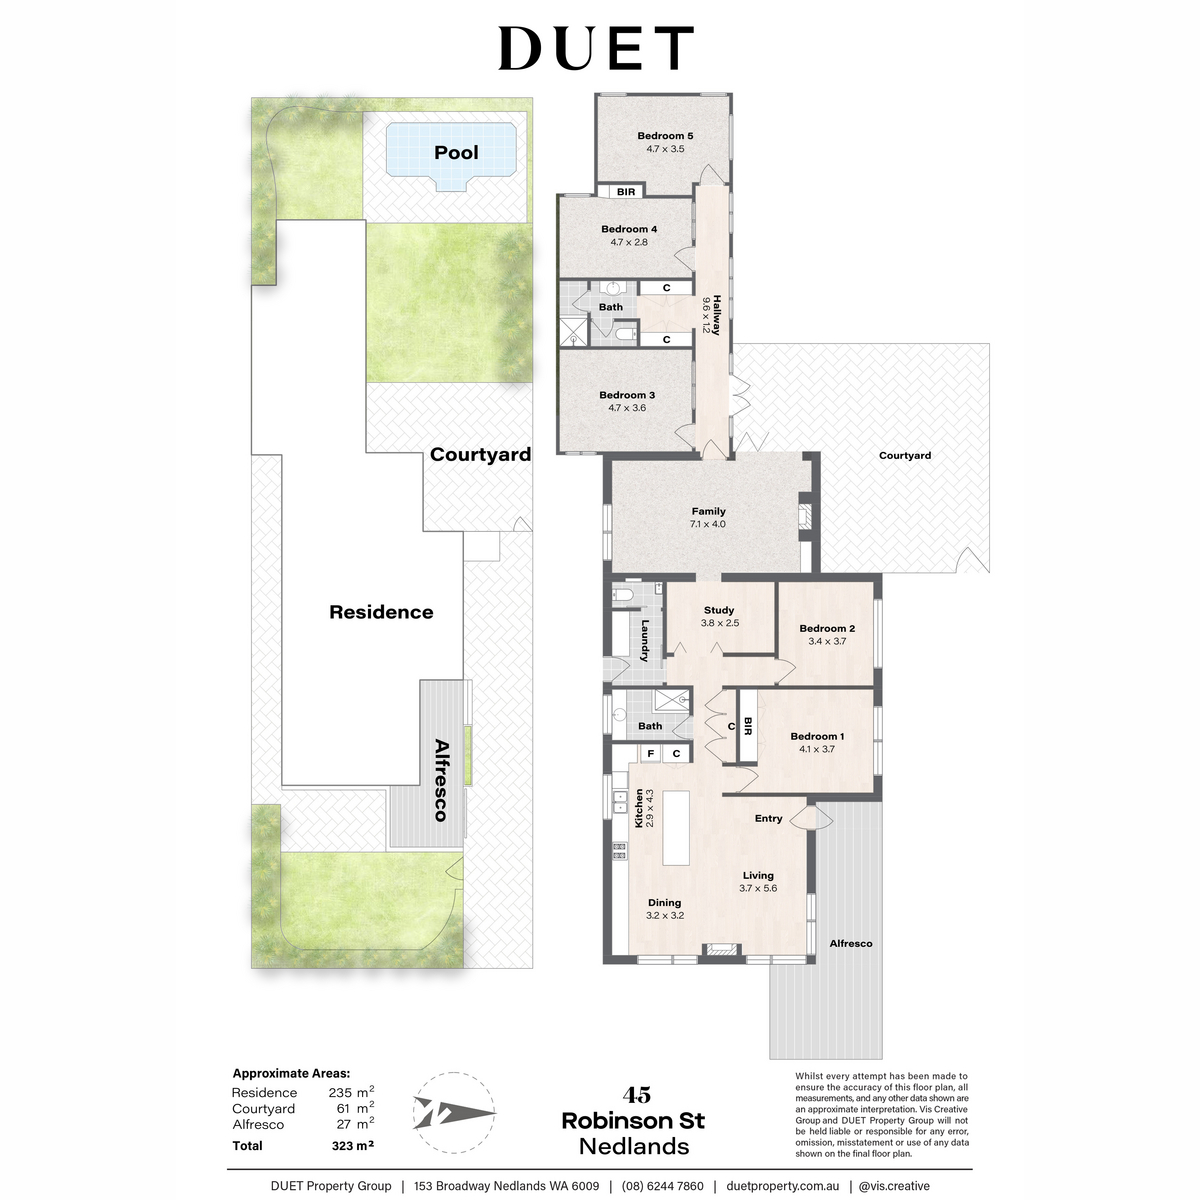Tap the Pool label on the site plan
(456, 152)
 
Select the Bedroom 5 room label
(665, 136)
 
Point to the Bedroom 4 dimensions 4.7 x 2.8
(629, 242)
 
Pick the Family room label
(708, 511)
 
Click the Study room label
(719, 610)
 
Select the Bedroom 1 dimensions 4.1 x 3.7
(817, 749)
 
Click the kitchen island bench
(676, 828)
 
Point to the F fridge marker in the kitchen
(650, 754)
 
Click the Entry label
(768, 818)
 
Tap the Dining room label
(664, 902)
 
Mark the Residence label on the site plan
(381, 612)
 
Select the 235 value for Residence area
(340, 1092)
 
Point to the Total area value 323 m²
(352, 1145)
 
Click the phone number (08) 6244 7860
(663, 1186)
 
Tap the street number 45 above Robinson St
(636, 1094)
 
